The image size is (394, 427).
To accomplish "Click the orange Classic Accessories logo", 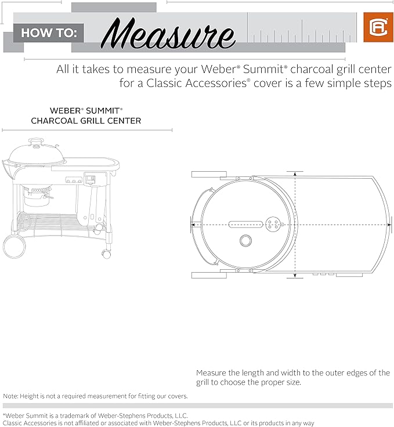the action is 378,27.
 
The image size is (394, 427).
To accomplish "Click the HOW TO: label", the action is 49,33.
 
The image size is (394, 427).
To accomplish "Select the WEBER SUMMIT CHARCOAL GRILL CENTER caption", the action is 86,115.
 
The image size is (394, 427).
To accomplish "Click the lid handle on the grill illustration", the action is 36,141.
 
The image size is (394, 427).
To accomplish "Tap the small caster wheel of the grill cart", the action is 106,254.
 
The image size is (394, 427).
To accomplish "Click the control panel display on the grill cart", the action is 90,179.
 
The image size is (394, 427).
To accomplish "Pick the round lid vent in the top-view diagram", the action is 273,225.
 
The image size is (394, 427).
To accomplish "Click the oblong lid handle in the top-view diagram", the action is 246,225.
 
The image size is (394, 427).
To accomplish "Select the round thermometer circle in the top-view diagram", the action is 245,240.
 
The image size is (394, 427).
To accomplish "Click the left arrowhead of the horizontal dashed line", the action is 193,225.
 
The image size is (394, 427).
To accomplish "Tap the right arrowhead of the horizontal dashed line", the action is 389,225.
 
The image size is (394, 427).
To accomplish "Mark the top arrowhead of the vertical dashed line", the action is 295,174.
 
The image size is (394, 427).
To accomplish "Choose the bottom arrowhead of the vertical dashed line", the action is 295,276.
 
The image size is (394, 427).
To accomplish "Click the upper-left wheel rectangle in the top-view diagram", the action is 209,174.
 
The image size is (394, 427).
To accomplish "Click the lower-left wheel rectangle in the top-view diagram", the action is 209,276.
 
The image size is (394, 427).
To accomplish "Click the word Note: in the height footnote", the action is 10,396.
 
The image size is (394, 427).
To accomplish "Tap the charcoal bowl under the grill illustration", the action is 37,196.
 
